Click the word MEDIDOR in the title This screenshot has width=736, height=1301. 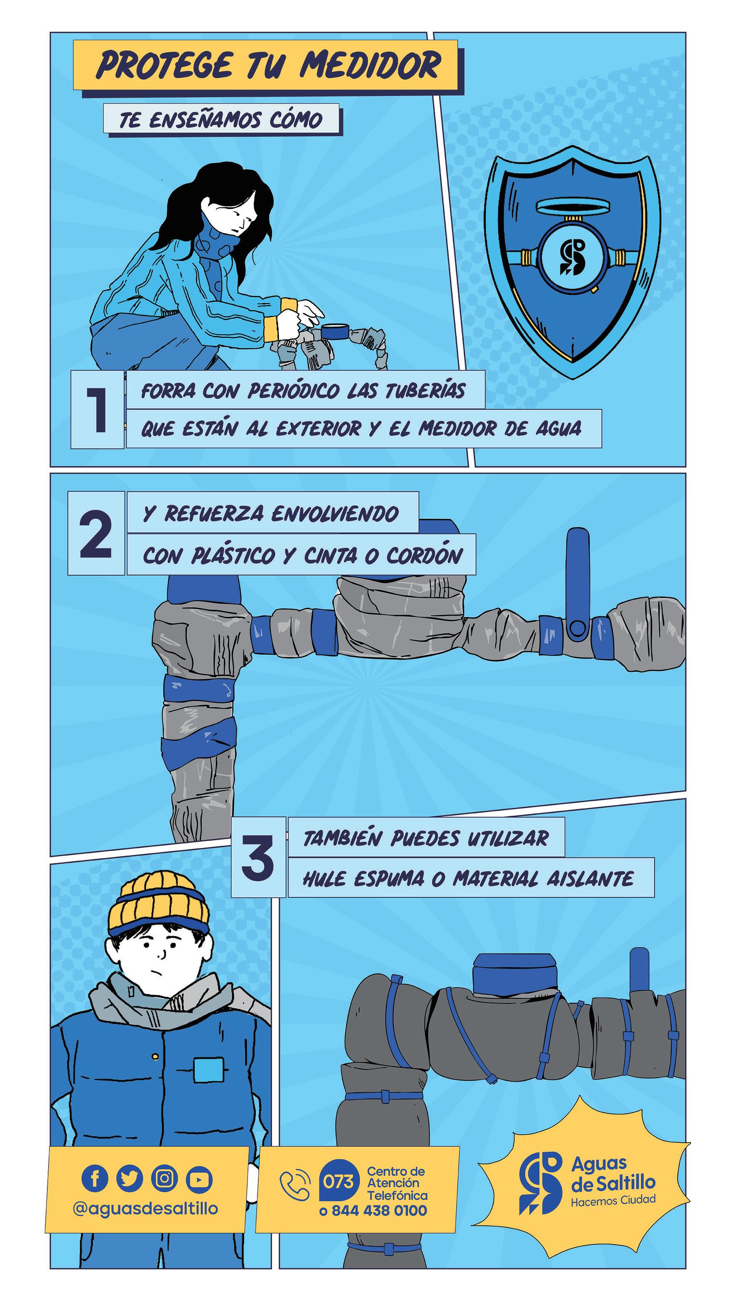pos(370,65)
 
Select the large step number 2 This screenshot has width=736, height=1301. pos(96,533)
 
